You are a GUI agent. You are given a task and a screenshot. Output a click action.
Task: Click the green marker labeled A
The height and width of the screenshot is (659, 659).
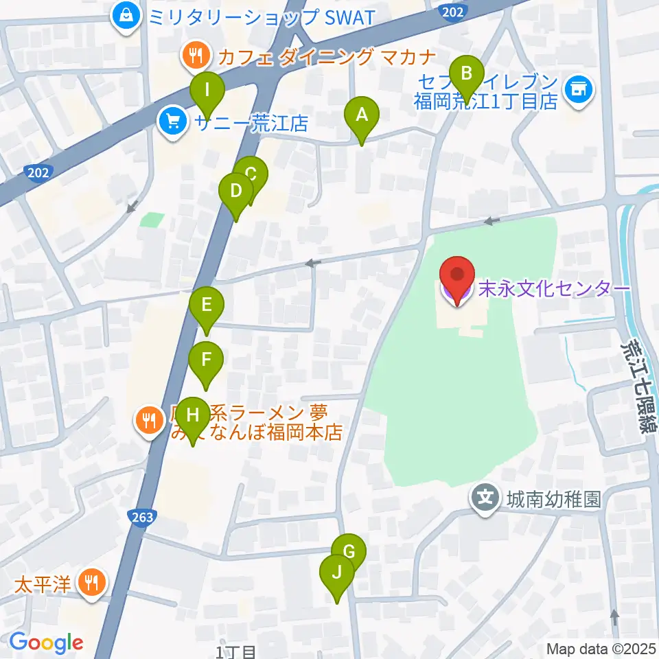point(361,117)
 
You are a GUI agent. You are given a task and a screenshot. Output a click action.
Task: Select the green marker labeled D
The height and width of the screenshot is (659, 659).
point(236,194)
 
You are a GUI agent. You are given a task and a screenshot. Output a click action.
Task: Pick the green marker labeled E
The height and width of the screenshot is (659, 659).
point(207,306)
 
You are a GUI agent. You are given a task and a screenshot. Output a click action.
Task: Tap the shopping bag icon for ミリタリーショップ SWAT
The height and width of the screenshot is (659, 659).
point(126,14)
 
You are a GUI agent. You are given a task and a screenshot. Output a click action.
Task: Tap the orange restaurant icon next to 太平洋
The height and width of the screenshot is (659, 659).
point(91,583)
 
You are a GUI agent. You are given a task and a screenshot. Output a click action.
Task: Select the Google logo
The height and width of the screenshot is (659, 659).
point(45,643)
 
